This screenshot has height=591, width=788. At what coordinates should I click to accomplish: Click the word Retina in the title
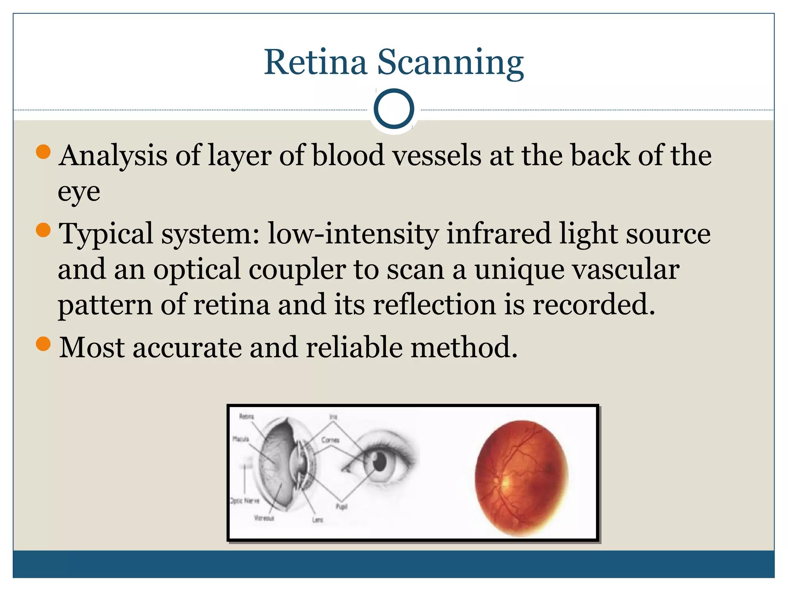[316, 62]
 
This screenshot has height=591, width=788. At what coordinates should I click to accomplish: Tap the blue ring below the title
[394, 109]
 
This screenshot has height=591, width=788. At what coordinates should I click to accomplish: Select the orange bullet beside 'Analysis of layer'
[43, 152]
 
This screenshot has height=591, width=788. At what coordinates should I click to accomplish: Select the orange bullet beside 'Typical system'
[43, 230]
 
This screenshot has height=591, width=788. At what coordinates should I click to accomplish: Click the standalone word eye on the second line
[79, 192]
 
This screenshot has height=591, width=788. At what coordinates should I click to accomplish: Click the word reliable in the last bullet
[354, 347]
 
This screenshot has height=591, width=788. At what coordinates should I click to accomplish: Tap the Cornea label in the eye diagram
[330, 440]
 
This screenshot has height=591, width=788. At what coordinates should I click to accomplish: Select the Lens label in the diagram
[317, 520]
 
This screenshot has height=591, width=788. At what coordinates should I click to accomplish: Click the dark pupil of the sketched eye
[379, 461]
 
